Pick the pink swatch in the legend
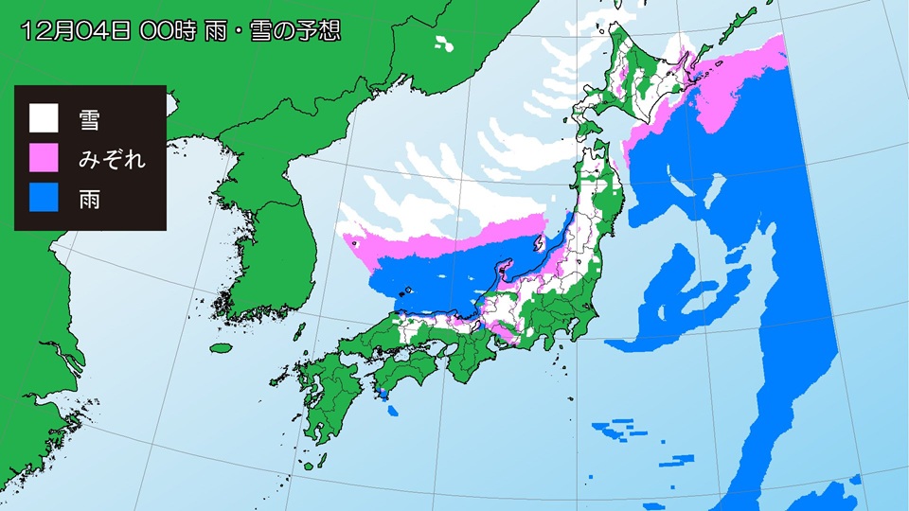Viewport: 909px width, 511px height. point(44,158)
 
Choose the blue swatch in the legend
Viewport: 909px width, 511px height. point(44,199)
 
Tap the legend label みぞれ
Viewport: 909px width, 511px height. point(112,158)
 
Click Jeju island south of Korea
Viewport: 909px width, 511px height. point(221,347)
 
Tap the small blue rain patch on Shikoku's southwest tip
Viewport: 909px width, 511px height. point(383,394)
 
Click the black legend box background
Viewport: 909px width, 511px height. point(90,95)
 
